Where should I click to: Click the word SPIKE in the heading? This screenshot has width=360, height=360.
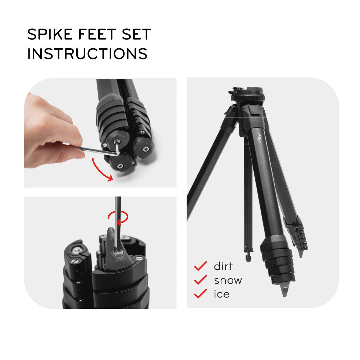tap(50, 34)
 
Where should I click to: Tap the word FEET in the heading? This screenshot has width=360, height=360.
tap(97, 34)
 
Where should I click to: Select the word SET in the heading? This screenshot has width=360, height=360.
tap(136, 34)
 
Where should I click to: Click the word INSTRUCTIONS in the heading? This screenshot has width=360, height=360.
tap(87, 54)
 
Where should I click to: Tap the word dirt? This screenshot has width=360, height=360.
tap(223, 266)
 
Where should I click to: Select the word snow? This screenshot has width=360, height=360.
tap(228, 280)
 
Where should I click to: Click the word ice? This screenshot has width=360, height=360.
tap(221, 294)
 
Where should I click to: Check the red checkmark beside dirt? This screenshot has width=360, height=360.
tap(201, 266)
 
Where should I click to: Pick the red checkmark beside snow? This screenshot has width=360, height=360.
tap(201, 280)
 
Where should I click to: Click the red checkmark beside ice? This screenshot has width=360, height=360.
tap(201, 294)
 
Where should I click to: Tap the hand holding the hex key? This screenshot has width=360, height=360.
tap(50, 133)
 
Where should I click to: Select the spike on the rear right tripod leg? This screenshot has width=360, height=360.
tap(301, 253)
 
